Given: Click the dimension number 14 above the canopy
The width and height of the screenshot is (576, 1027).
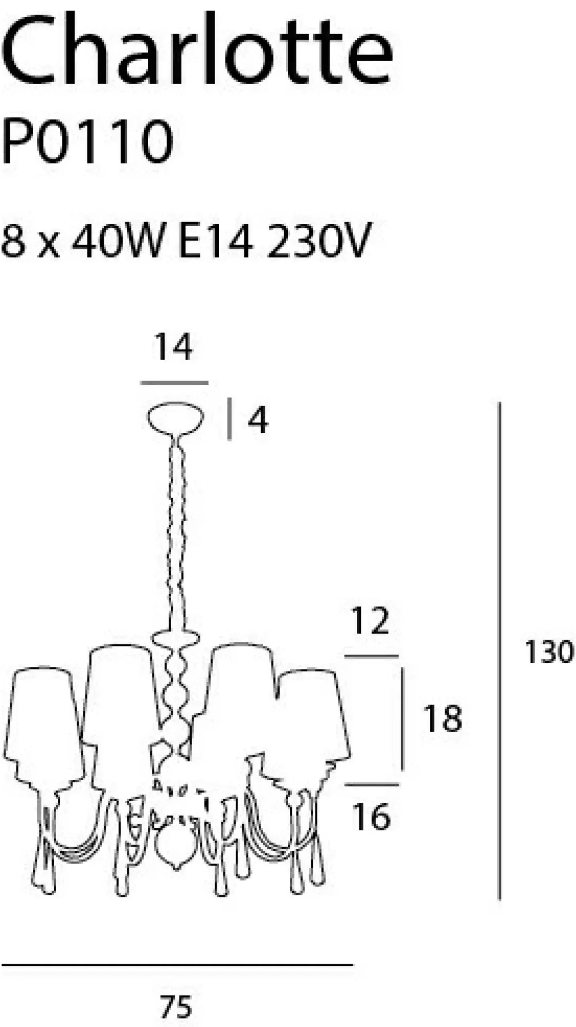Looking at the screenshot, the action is [174, 347].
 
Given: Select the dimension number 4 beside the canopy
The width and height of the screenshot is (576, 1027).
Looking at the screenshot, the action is [258, 420].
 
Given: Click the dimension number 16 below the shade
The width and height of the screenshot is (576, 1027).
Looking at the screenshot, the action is [371, 816].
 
